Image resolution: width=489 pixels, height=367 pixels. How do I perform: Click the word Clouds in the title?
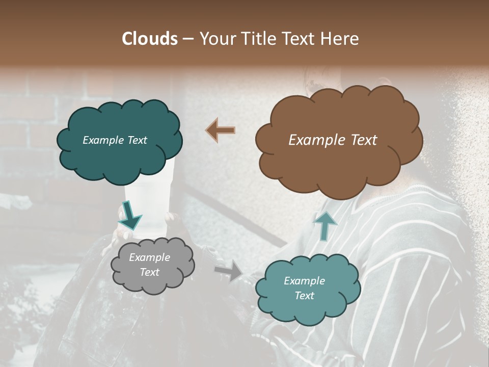150,39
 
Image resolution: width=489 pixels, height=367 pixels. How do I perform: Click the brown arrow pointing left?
220,130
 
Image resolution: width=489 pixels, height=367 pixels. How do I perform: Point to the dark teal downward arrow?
130,216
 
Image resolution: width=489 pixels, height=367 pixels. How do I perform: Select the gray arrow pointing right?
229,270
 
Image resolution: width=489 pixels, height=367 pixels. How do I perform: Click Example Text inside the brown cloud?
333,140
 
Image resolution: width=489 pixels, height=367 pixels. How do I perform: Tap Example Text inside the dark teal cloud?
115,140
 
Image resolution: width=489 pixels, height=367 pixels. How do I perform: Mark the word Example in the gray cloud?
149,257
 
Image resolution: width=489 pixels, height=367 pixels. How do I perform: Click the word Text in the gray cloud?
149,272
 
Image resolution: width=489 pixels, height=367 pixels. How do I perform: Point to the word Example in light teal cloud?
304,281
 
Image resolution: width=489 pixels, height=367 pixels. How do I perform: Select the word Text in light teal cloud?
304,296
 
